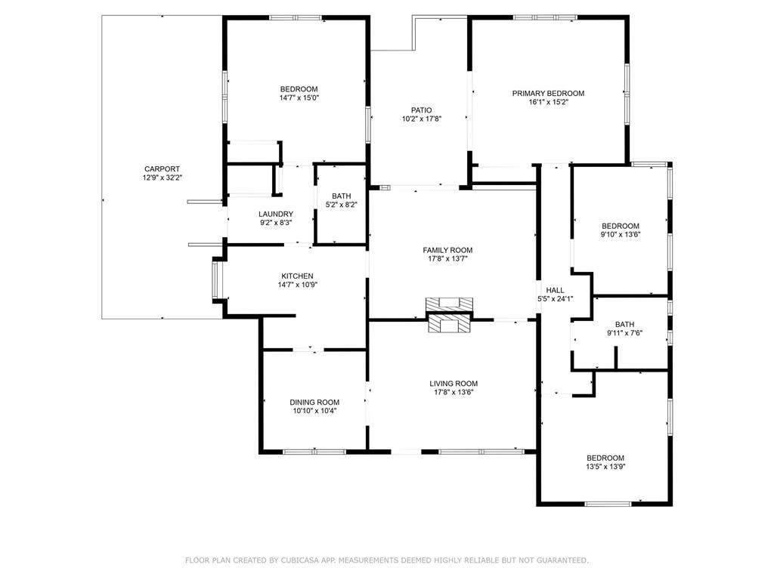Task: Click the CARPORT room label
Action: point(162,169)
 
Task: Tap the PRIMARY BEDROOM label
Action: point(548,93)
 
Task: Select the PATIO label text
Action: point(421,110)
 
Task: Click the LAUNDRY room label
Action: point(276,214)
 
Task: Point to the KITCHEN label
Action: point(297,276)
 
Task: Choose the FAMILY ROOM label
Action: point(447,250)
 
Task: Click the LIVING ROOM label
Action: point(454,384)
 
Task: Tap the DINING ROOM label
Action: point(314,403)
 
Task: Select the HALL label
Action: point(555,290)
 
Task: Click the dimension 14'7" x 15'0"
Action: point(299,97)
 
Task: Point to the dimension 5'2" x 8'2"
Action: point(341,205)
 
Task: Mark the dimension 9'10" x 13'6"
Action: point(620,235)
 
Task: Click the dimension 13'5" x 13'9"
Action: point(605,467)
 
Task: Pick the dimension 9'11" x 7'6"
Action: point(624,333)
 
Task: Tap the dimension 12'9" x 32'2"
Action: point(162,177)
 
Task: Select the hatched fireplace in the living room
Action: point(449,323)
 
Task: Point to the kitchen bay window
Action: point(215,279)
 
